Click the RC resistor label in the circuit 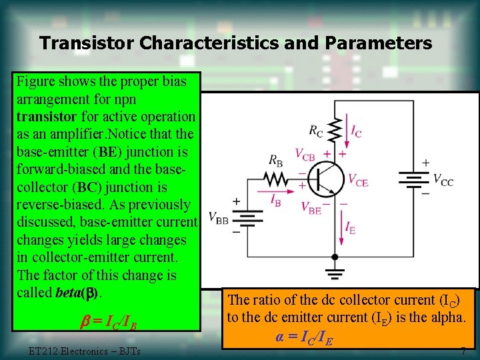click(316, 131)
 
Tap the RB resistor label click(276, 160)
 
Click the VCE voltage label click(358, 180)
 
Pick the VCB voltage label click(305, 155)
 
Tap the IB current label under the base click(275, 199)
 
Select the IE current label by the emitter click(350, 228)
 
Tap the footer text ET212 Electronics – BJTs click(85, 351)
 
